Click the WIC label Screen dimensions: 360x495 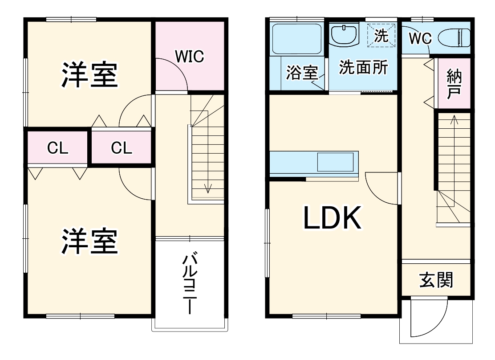tap(189, 57)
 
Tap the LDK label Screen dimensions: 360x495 tap(332, 218)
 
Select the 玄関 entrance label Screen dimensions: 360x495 tap(436, 280)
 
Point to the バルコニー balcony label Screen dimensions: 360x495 tap(190, 283)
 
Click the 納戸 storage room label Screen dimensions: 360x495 tap(453, 83)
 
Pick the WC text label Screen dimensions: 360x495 tap(421, 39)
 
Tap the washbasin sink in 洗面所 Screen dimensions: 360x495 tap(344, 35)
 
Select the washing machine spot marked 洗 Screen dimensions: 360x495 tap(381, 35)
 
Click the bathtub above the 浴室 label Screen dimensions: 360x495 tap(296, 39)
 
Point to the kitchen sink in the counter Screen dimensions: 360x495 tap(337, 161)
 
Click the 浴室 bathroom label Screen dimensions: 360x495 tap(301, 73)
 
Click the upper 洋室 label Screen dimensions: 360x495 tap(89, 75)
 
